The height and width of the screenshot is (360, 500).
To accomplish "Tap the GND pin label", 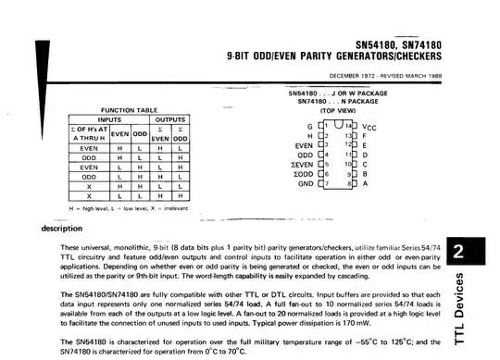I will pyautogui.click(x=305, y=183).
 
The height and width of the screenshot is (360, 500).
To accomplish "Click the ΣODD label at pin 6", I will pyautogui.click(x=304, y=174).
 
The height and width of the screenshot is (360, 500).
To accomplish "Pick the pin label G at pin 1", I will pyautogui.click(x=310, y=127).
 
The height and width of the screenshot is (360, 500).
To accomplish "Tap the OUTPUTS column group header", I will pyautogui.click(x=169, y=118).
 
